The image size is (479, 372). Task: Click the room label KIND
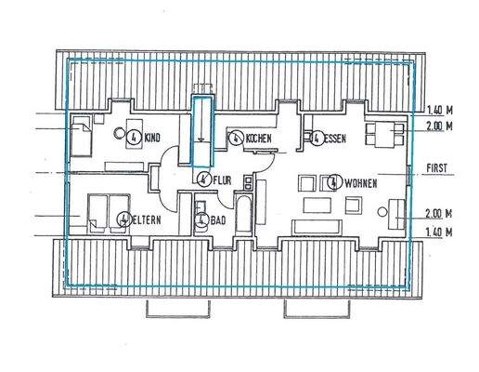pyautogui.click(x=153, y=139)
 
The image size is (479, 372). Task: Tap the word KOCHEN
pyautogui.click(x=259, y=139)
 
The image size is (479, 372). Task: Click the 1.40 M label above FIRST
pyautogui.click(x=439, y=108)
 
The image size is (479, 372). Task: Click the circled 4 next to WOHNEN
pyautogui.click(x=333, y=181)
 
